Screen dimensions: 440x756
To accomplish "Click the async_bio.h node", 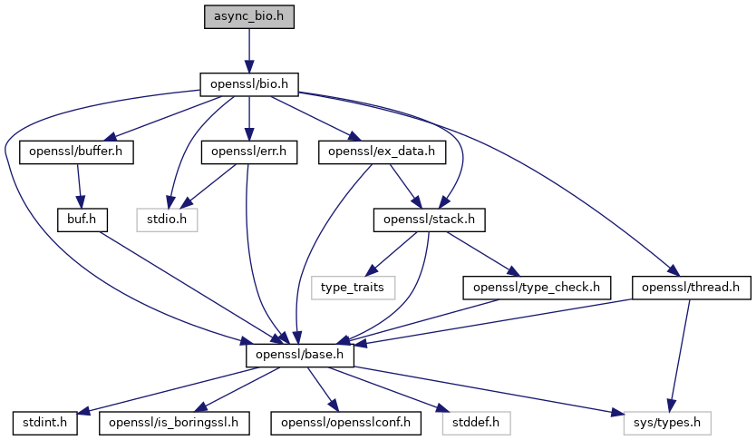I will coord(248,16).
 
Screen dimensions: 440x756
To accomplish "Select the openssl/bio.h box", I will coord(248,84).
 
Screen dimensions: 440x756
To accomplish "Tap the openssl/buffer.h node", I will coord(76,152).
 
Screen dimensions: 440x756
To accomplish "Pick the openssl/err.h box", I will coord(248,152).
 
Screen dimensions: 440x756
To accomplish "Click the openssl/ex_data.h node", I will coord(382,152).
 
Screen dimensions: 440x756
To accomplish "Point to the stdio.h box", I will coord(166,219).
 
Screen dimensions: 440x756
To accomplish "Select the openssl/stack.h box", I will coord(430,219).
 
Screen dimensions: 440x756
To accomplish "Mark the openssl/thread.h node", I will coord(691,287).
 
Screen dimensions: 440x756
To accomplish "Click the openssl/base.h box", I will coord(299,355).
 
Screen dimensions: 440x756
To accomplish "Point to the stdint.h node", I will coord(45,422).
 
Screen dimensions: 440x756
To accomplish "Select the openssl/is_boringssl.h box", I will coord(172,422).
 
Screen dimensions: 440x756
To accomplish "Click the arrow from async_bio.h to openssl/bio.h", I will coord(248,50).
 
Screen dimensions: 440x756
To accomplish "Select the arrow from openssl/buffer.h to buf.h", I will coord(80,185).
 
